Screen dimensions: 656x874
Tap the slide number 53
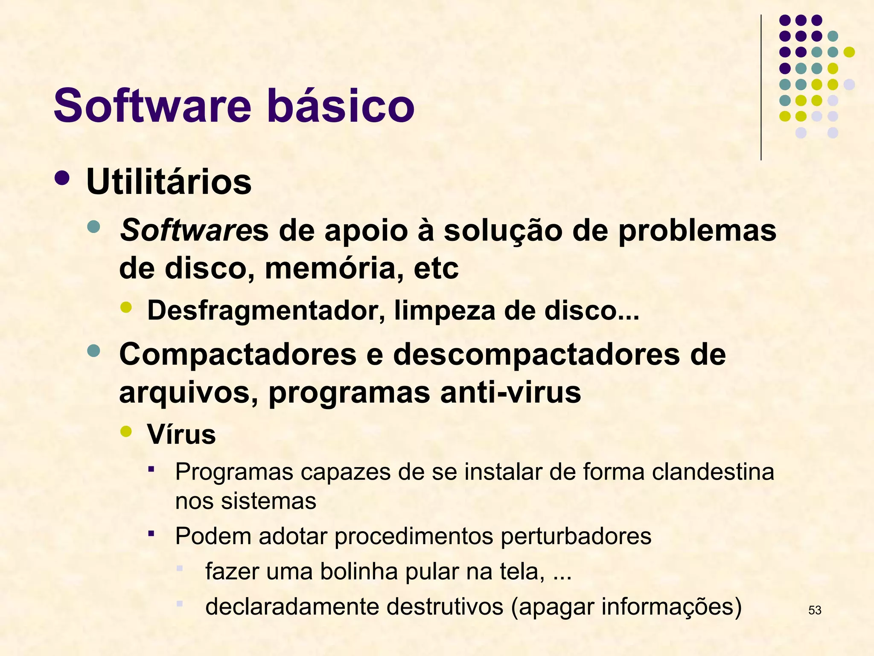tap(815, 610)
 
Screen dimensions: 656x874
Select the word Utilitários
tap(169, 182)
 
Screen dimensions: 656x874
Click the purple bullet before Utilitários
tap(62, 178)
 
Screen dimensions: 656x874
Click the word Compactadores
tap(238, 354)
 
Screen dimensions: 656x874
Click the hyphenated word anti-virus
tap(510, 392)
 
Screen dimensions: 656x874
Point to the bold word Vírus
tap(181, 434)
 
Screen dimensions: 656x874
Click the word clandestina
tap(713, 472)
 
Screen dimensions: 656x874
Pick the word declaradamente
tap(292, 606)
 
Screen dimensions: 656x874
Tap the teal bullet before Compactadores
tap(93, 351)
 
